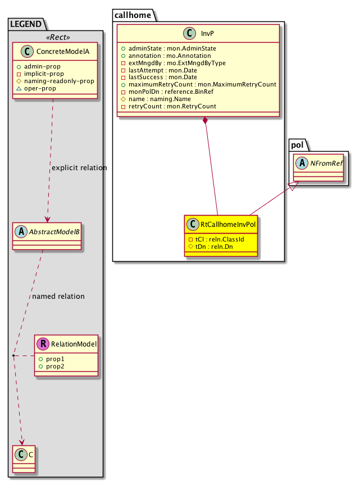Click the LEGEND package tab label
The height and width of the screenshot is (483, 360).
coord(26,23)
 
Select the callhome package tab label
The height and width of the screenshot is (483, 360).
coord(132,15)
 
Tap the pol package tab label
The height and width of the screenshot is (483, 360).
coord(297,145)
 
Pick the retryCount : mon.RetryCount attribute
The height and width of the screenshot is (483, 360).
coord(168,107)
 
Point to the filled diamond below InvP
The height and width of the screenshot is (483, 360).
coord(206,121)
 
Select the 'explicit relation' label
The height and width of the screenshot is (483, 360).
coord(79,168)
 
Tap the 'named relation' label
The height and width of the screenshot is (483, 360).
coord(58,296)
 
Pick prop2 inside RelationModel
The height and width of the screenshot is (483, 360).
coord(54,366)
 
